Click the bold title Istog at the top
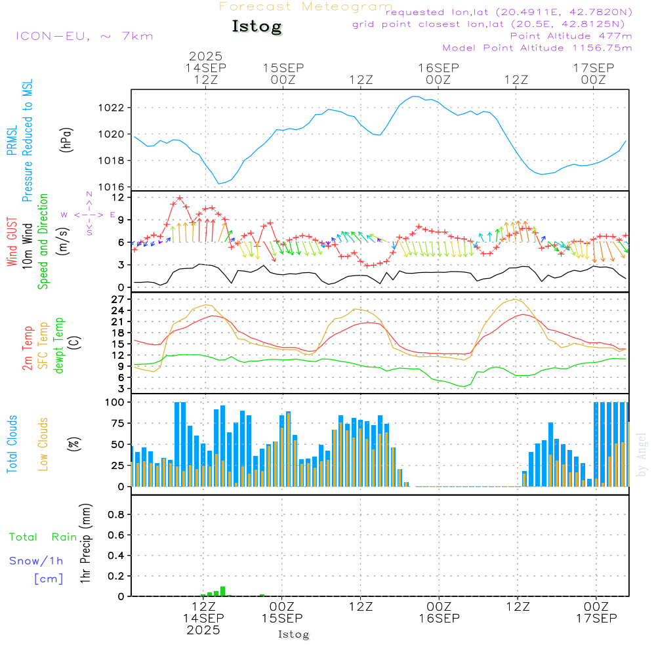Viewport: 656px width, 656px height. tap(256, 27)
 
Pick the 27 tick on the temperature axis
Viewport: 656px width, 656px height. tap(119, 299)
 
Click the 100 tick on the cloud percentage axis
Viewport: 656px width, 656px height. tap(115, 401)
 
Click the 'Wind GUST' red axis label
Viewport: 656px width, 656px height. tap(12, 242)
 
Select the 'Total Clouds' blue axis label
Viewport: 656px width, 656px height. tap(12, 444)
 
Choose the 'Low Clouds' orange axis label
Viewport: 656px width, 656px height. tap(44, 444)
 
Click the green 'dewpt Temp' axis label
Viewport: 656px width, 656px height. tap(59, 346)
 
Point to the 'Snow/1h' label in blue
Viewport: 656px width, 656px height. tap(36, 561)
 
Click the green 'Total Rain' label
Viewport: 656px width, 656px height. tap(43, 537)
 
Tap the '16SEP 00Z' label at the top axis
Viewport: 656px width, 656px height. tap(438, 73)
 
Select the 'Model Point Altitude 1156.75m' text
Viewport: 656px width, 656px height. tap(537, 48)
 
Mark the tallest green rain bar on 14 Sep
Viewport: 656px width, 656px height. tap(223, 591)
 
